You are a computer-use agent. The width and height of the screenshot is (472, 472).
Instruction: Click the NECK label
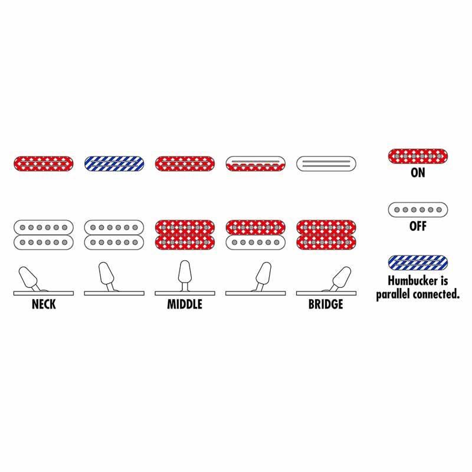[x=44, y=304]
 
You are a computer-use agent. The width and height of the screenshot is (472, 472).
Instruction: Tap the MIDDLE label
[x=185, y=304]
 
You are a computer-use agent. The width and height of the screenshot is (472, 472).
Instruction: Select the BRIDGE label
[x=326, y=304]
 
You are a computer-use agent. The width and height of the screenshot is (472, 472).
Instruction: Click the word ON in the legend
[x=418, y=172]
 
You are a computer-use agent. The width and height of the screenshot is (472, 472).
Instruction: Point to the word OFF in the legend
[x=418, y=226]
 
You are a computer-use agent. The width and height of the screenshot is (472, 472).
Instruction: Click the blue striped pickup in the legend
[x=418, y=263]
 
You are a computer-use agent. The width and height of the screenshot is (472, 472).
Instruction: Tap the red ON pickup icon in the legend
[x=418, y=156]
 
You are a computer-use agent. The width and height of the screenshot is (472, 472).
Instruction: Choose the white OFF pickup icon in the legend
[x=418, y=209]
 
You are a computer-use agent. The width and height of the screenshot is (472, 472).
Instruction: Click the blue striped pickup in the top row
[x=114, y=164]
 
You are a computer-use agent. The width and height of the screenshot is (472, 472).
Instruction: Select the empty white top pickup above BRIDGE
[x=326, y=164]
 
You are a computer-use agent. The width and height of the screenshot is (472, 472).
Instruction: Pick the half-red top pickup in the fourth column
[x=255, y=164]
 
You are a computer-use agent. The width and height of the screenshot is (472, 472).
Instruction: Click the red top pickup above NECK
[x=44, y=164]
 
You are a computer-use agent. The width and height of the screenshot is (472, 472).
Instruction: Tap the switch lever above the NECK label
[x=29, y=278]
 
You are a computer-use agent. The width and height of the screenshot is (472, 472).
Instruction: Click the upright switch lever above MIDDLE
[x=185, y=276]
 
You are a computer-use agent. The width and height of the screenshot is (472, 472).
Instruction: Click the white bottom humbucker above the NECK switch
[x=44, y=235]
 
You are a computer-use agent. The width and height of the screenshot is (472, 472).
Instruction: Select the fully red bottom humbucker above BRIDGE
[x=326, y=235]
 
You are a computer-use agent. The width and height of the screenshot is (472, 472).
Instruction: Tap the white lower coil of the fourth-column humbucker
[x=255, y=242]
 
